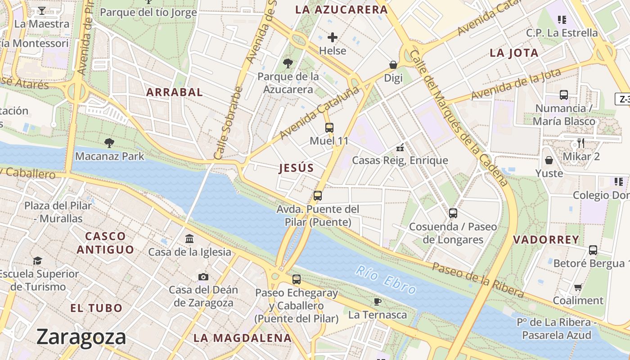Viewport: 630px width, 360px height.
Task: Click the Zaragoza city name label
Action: (81, 337)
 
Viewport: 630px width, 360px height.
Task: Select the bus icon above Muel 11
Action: (329, 128)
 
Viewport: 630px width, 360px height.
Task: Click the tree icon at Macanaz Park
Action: (109, 144)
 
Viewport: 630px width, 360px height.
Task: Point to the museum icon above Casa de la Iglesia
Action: (189, 238)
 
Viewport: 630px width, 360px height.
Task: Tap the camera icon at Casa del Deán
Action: (203, 277)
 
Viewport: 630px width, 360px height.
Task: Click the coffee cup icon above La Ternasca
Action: (378, 301)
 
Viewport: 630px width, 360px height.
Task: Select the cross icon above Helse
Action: (333, 37)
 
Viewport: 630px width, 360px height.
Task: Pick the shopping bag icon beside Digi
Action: (393, 65)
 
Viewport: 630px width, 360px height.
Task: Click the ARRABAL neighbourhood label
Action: (175, 92)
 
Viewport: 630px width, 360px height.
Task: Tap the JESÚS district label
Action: (296, 168)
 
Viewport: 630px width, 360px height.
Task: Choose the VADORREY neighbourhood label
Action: (546, 240)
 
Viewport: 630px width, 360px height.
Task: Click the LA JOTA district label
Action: (514, 53)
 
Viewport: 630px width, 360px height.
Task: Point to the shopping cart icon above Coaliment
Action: (578, 287)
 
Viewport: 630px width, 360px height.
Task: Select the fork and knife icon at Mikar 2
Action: (581, 143)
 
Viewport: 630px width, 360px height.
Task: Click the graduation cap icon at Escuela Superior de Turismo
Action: (38, 261)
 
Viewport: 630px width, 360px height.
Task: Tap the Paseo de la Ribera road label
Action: (478, 280)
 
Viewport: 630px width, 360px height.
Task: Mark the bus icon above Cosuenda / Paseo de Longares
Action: (453, 213)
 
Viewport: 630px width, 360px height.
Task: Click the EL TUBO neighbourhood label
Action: (96, 308)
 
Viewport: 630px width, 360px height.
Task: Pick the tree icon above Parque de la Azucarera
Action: (288, 63)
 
